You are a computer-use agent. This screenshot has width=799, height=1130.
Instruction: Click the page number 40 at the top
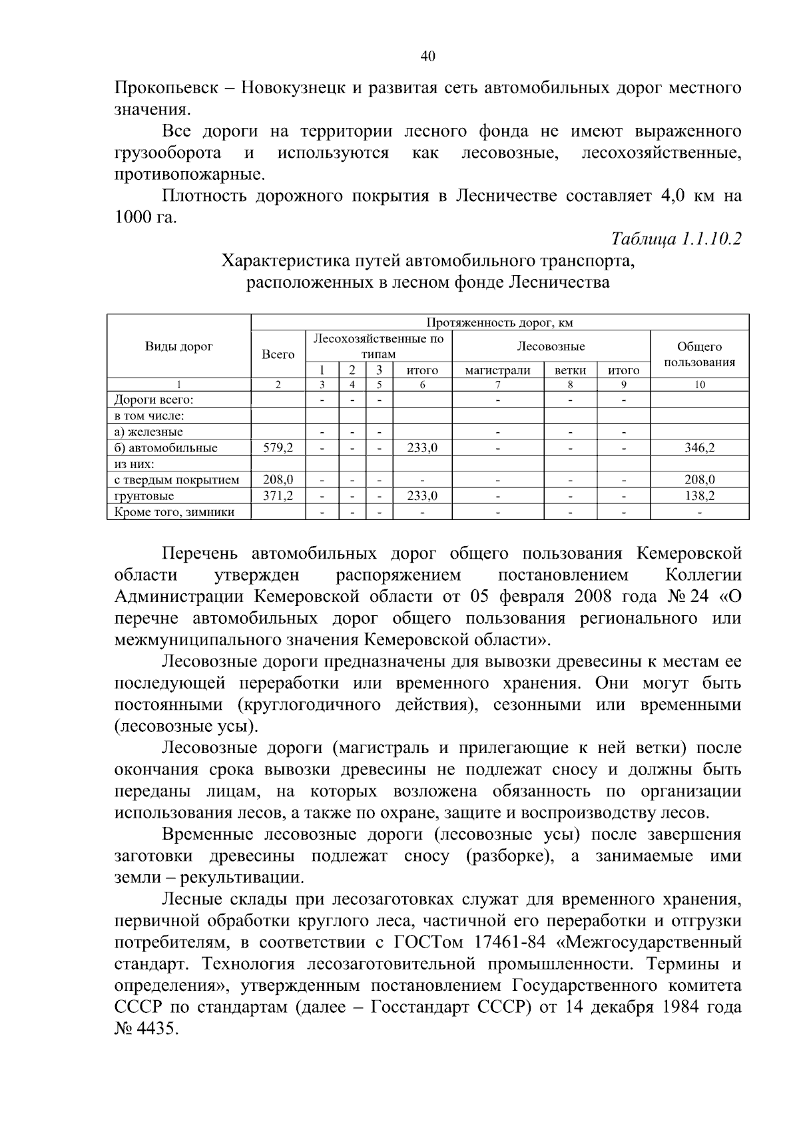coord(427,57)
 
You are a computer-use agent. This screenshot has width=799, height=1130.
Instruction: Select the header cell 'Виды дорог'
coord(179,346)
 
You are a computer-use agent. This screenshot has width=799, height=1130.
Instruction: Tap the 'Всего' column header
coord(278,354)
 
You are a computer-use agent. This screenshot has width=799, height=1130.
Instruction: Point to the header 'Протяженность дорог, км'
coord(499,323)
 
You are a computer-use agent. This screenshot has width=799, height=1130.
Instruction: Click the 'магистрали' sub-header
coord(498,371)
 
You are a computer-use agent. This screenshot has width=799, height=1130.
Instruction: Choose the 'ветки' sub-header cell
coord(570,371)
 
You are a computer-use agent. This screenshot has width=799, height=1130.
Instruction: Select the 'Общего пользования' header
coord(699,354)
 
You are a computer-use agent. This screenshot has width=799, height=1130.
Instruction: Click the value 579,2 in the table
coord(278,448)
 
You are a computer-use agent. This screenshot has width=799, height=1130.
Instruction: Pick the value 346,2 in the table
coord(699,448)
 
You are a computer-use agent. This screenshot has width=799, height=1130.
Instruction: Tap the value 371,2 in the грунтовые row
coord(278,496)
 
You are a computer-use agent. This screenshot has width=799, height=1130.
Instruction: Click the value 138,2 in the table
coord(699,496)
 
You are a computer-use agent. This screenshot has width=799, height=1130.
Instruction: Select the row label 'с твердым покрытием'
coord(177,479)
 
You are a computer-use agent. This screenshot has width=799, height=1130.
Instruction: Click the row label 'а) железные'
coord(148,432)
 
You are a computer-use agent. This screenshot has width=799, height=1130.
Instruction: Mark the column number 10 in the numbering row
coord(699,385)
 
